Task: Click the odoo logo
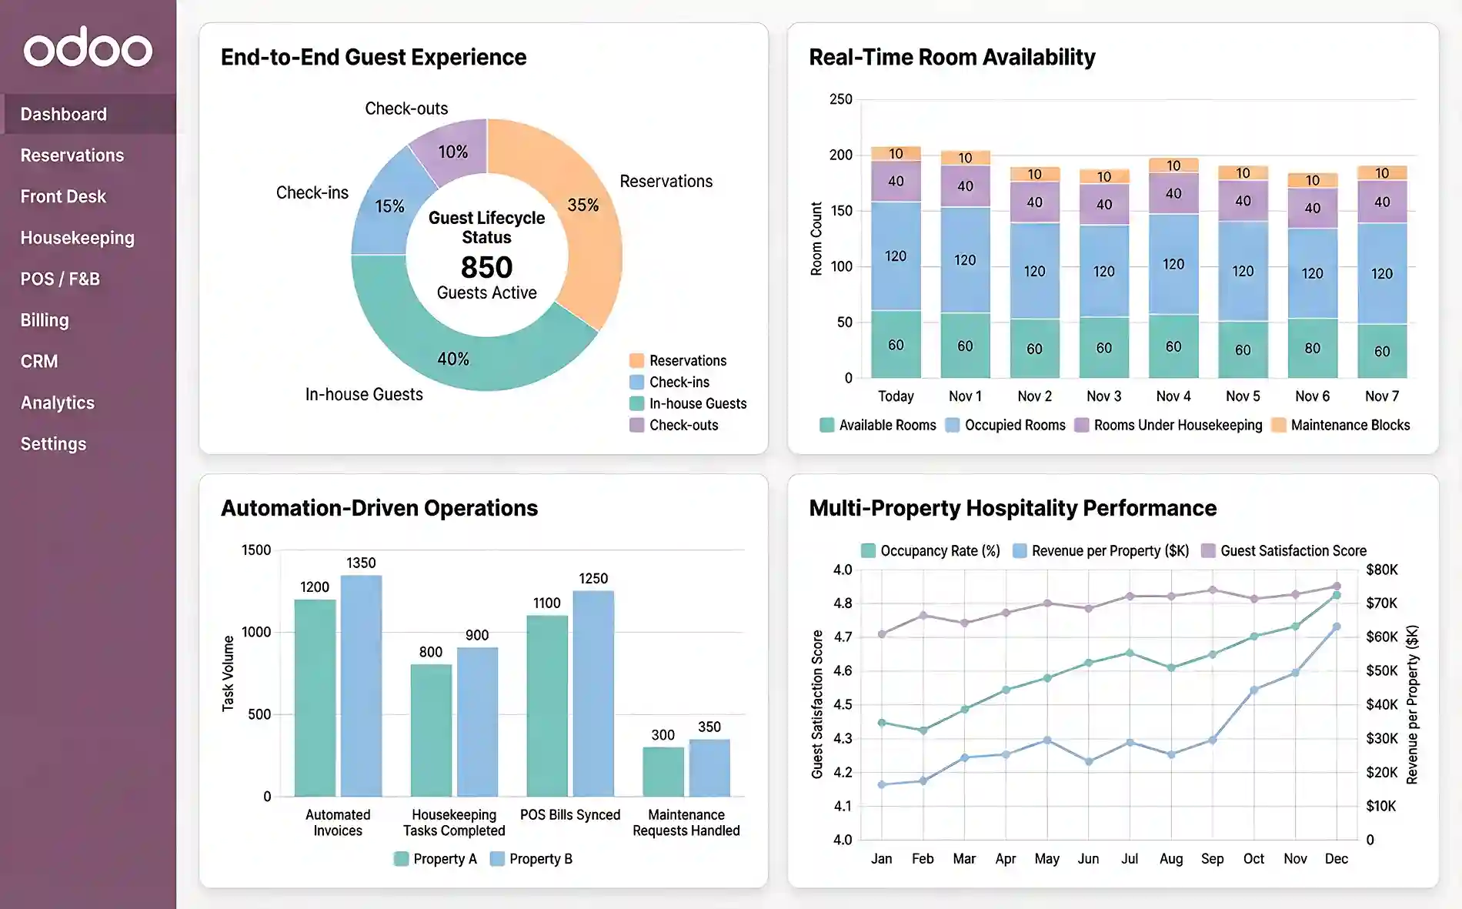click(x=88, y=48)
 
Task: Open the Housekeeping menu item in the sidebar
click(x=77, y=238)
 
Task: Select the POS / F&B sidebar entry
click(x=60, y=279)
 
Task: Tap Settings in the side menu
click(x=53, y=444)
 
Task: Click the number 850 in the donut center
click(x=486, y=267)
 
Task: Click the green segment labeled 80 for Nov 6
click(x=1312, y=348)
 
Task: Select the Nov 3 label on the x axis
click(x=1103, y=396)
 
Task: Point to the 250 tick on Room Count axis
click(x=840, y=99)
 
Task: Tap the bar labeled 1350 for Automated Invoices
click(x=361, y=685)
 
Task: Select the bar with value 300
click(x=663, y=771)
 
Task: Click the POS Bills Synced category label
click(x=569, y=814)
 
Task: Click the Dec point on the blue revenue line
click(x=1336, y=627)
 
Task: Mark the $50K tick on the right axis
click(x=1381, y=670)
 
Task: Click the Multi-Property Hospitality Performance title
click(x=1012, y=508)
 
